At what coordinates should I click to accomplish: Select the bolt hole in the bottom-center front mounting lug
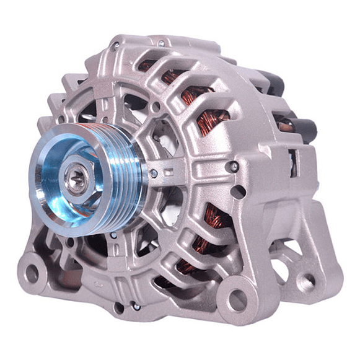(x=235, y=301)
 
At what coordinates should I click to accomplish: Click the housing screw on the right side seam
(x=234, y=167)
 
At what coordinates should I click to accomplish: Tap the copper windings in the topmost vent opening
(x=149, y=65)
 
